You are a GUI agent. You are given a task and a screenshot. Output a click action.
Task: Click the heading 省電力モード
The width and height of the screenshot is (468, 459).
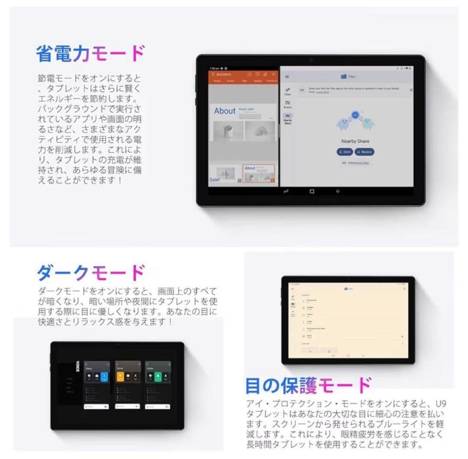point(90,54)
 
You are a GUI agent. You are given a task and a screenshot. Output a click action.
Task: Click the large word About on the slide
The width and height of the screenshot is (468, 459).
point(225,111)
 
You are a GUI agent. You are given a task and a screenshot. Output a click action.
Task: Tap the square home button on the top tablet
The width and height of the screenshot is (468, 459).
point(312,192)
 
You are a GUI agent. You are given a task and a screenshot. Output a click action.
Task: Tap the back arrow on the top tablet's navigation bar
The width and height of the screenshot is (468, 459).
point(338,192)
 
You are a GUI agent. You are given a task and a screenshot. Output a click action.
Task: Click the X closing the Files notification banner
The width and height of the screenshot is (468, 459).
point(411,90)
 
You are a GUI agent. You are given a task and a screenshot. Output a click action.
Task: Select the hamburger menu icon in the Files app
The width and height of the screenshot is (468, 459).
point(287,77)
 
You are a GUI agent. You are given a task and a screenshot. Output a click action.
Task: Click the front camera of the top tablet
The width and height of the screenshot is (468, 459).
point(311,59)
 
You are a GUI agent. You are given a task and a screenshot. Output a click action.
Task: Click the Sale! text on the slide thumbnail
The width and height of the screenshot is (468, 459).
point(214,179)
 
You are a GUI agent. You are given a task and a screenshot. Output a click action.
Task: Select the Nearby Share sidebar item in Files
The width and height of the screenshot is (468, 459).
point(288,119)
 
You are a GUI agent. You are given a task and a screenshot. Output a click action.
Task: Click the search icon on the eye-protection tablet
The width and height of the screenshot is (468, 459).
point(404,288)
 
